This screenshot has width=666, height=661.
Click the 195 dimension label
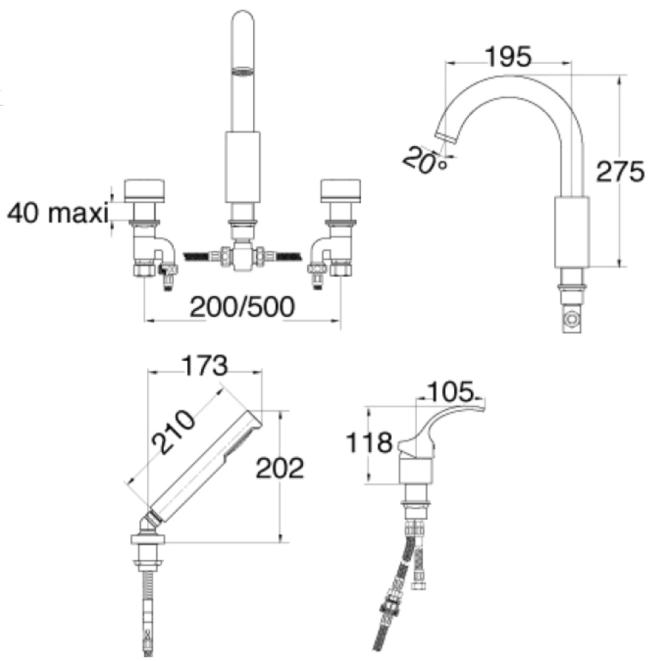[x=508, y=57]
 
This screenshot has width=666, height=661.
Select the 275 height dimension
[x=620, y=172]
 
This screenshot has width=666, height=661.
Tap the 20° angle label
[x=425, y=160]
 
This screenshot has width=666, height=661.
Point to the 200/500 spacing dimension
[x=242, y=306]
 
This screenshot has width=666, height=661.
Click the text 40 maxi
[x=58, y=212]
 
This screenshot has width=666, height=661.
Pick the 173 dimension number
[x=204, y=365]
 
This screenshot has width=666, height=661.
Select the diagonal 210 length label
[x=173, y=431]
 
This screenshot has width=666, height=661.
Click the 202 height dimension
[x=280, y=468]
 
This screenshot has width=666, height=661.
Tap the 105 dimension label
[x=450, y=391]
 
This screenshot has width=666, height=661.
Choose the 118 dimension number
[x=369, y=443]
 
